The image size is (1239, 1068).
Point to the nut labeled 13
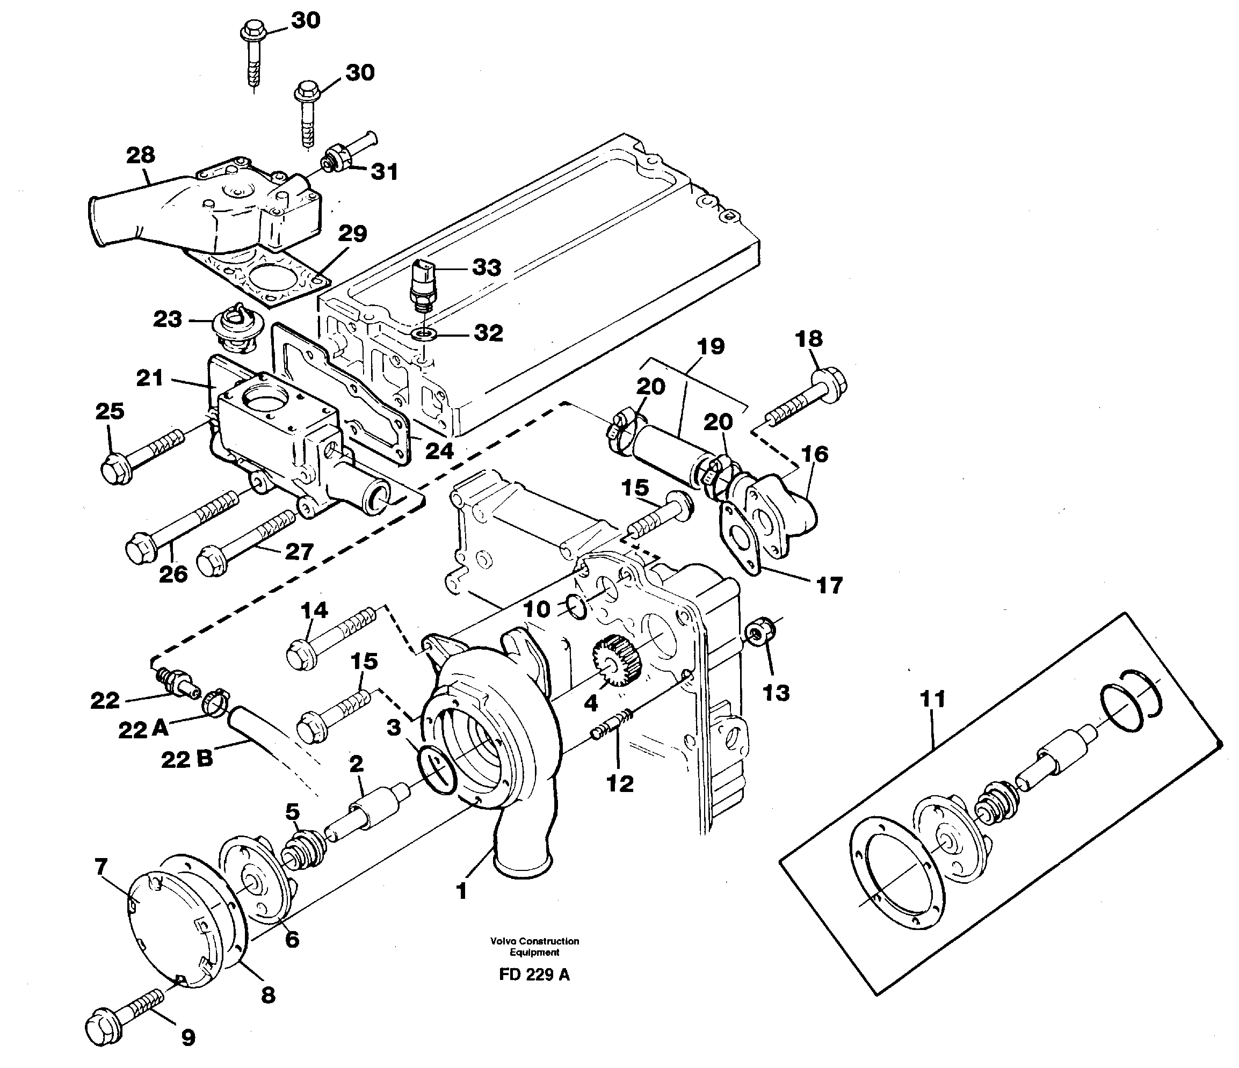point(759,634)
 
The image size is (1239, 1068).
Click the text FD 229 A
point(534,975)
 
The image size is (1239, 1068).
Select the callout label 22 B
point(186,759)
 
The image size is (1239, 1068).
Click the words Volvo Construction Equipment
point(534,947)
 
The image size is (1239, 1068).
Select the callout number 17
point(829,585)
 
